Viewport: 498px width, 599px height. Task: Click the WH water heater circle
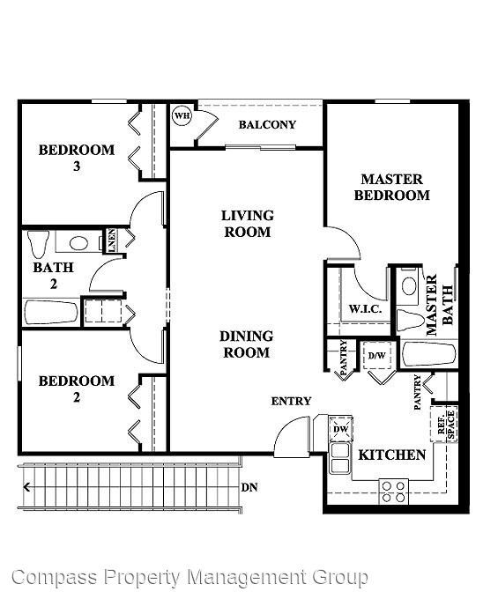pyautogui.click(x=182, y=115)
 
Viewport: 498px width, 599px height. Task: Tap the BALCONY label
pyautogui.click(x=267, y=125)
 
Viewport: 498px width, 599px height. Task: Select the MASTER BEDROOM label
pyautogui.click(x=391, y=187)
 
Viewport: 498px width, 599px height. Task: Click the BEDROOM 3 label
pyautogui.click(x=77, y=158)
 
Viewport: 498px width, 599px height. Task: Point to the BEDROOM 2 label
pyautogui.click(x=77, y=388)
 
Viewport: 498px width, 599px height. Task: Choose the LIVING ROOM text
pyautogui.click(x=247, y=224)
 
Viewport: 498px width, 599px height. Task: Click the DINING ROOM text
pyautogui.click(x=246, y=344)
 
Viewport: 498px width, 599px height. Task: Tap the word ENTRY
pyautogui.click(x=291, y=402)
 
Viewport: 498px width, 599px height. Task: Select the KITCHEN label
pyautogui.click(x=392, y=455)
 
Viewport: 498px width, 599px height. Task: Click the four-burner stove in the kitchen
pyautogui.click(x=394, y=491)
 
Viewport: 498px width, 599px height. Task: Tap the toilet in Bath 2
pyautogui.click(x=37, y=241)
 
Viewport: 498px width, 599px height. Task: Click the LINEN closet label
pyautogui.click(x=113, y=240)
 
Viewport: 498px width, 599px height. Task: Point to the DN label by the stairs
pyautogui.click(x=249, y=486)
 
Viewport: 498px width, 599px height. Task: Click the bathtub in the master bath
pyautogui.click(x=428, y=354)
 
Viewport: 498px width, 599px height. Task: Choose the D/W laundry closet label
pyautogui.click(x=376, y=355)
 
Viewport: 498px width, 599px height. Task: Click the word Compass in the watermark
pyautogui.click(x=55, y=578)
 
